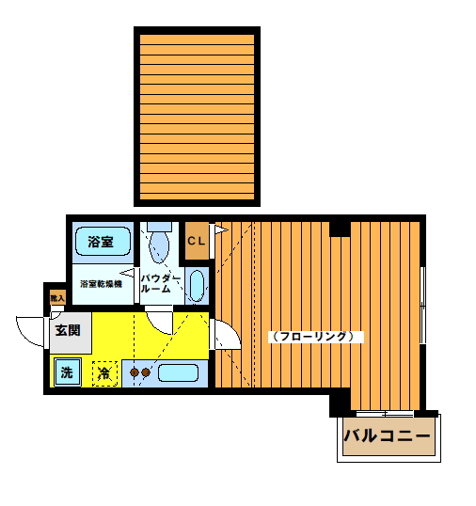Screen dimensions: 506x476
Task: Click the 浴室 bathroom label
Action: coord(101,242)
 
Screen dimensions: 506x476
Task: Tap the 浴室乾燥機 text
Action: coord(101,283)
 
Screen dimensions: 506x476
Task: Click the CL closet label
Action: coord(196,241)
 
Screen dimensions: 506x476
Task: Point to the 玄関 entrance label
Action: coord(68,330)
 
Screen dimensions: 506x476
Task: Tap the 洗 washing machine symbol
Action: coord(66,372)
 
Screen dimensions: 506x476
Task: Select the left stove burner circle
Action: coord(134,372)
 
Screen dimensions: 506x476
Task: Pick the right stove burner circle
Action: coord(146,372)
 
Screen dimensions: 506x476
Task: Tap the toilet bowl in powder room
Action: coord(158,245)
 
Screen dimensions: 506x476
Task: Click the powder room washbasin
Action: coord(196,285)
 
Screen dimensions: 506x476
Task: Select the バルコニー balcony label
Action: coord(387,436)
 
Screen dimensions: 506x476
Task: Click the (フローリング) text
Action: coord(313,336)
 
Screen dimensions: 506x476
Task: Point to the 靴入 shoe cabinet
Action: coord(56,297)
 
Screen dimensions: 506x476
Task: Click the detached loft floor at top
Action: coord(198,118)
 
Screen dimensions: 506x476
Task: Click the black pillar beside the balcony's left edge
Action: coord(339,405)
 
